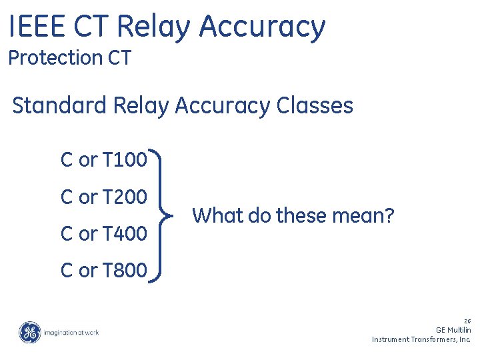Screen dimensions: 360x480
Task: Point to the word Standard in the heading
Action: coord(60,106)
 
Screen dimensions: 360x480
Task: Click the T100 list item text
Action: coord(125,160)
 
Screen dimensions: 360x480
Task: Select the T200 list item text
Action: coord(125,197)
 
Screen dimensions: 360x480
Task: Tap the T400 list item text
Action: coord(125,234)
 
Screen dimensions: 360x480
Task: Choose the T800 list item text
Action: coord(125,271)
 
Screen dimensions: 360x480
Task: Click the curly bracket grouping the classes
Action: coord(165,216)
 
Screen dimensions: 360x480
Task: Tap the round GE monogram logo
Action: coord(29,332)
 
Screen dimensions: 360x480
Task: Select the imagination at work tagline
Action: coord(71,332)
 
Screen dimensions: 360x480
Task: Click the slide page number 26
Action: coord(467,321)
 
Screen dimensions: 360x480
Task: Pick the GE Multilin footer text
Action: coord(453,329)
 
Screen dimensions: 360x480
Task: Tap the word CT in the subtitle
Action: coord(119,58)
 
